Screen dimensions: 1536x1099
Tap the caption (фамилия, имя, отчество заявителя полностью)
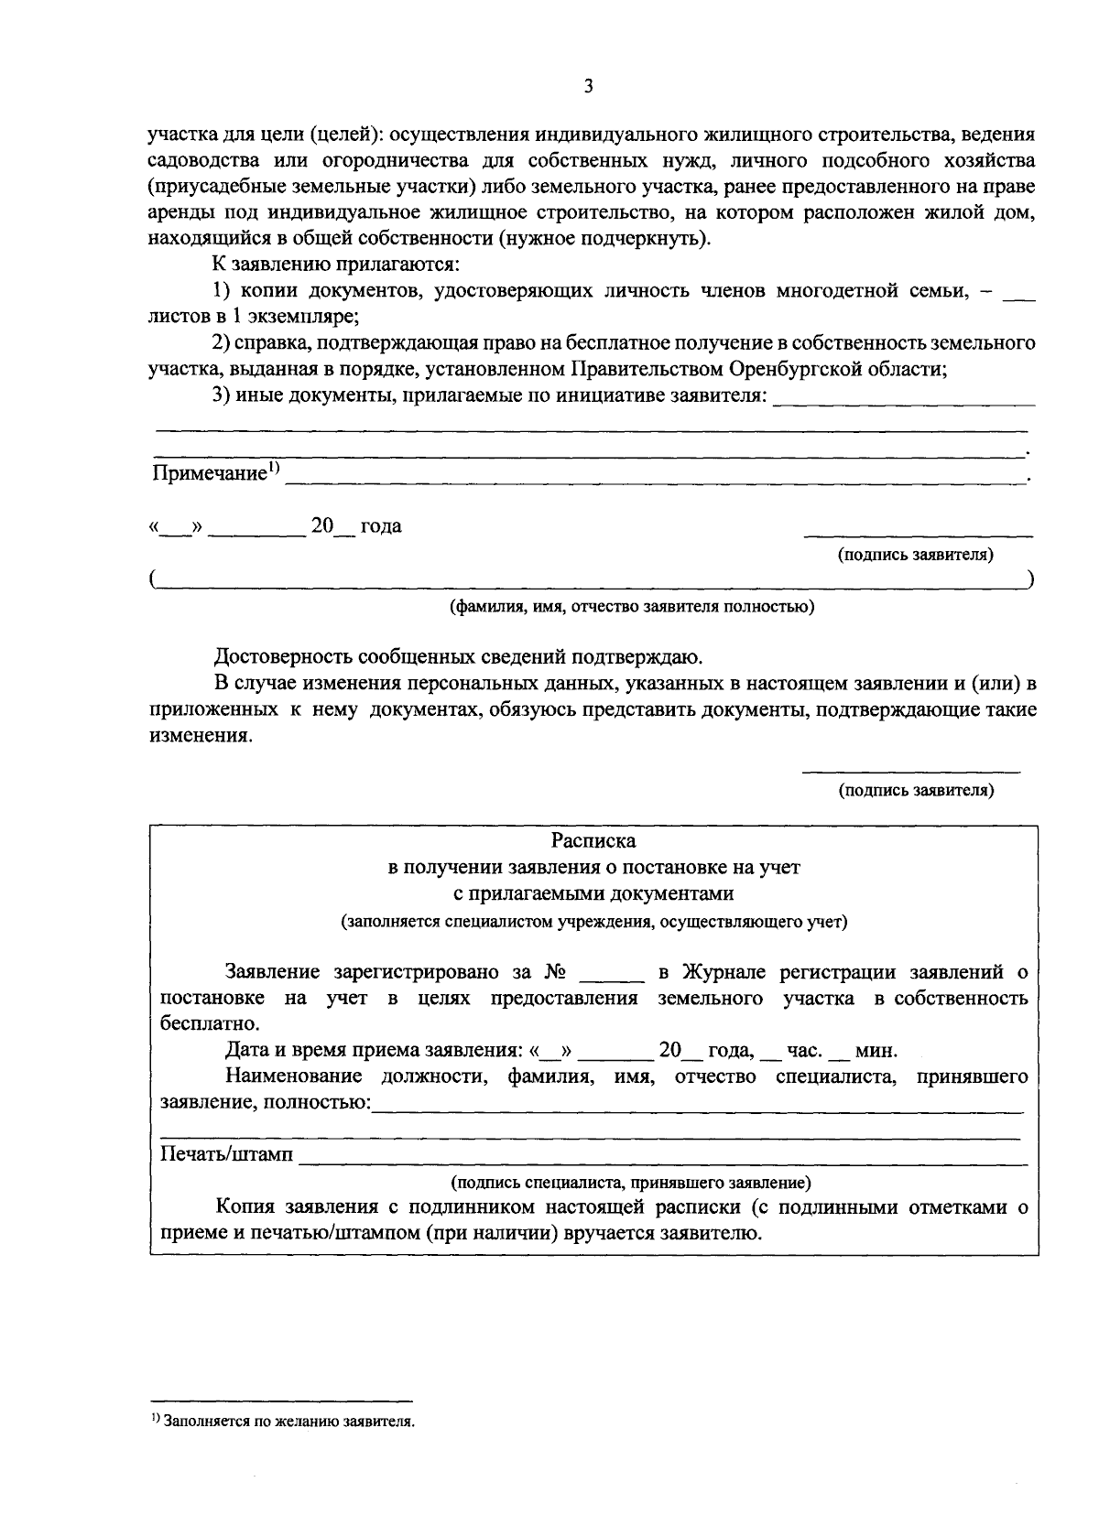pyautogui.click(x=631, y=607)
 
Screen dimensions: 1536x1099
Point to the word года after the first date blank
pyautogui.click(x=381, y=527)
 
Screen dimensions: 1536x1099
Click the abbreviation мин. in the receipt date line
pyautogui.click(x=876, y=1051)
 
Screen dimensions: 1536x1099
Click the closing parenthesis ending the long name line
pyautogui.click(x=1031, y=580)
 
